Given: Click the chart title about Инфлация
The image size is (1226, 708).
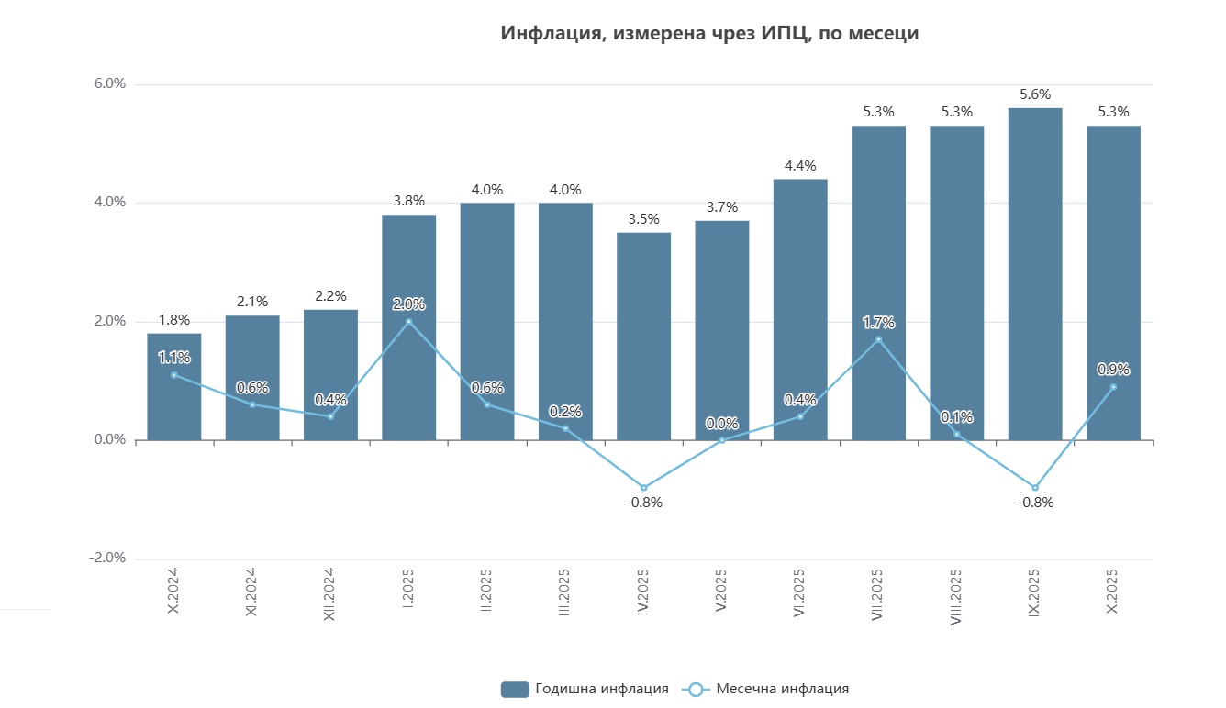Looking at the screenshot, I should [x=709, y=34].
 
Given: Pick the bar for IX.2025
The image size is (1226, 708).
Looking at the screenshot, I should [x=1035, y=275].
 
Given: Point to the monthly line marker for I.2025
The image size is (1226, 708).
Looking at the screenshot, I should [x=408, y=321].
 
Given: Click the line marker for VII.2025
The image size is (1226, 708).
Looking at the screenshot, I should [x=878, y=339].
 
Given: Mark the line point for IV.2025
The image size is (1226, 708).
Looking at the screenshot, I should [x=643, y=487].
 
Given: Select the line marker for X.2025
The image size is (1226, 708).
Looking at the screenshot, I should [x=1113, y=387].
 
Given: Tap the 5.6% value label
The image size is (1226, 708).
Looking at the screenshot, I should [x=1035, y=94].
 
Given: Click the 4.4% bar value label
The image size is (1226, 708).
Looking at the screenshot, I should [x=800, y=166].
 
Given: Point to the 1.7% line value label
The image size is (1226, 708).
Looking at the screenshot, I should [x=878, y=322].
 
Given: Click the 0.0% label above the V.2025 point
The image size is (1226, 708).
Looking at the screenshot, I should [x=722, y=424].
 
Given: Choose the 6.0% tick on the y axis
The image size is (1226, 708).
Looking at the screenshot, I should [x=109, y=84].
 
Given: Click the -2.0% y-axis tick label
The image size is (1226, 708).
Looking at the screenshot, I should [x=107, y=559].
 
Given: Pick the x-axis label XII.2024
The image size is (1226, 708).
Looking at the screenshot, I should [x=331, y=593].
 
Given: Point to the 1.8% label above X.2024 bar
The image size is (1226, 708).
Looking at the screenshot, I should [x=174, y=320].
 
